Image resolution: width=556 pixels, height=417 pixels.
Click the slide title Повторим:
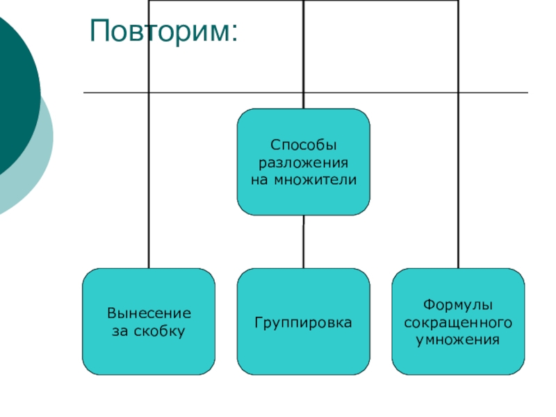tap(163, 32)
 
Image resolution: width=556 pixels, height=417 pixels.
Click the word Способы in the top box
tap(303, 146)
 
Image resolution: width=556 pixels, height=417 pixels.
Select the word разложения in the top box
tap(303, 163)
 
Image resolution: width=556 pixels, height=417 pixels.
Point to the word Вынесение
tap(149, 314)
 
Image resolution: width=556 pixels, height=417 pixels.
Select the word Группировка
tap(303, 323)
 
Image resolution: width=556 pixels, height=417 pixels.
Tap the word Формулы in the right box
tap(458, 306)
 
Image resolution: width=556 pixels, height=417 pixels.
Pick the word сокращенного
tap(458, 323)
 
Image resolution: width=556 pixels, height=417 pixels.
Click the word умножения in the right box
tap(458, 340)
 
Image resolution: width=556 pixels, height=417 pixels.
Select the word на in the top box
tap(259, 180)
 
